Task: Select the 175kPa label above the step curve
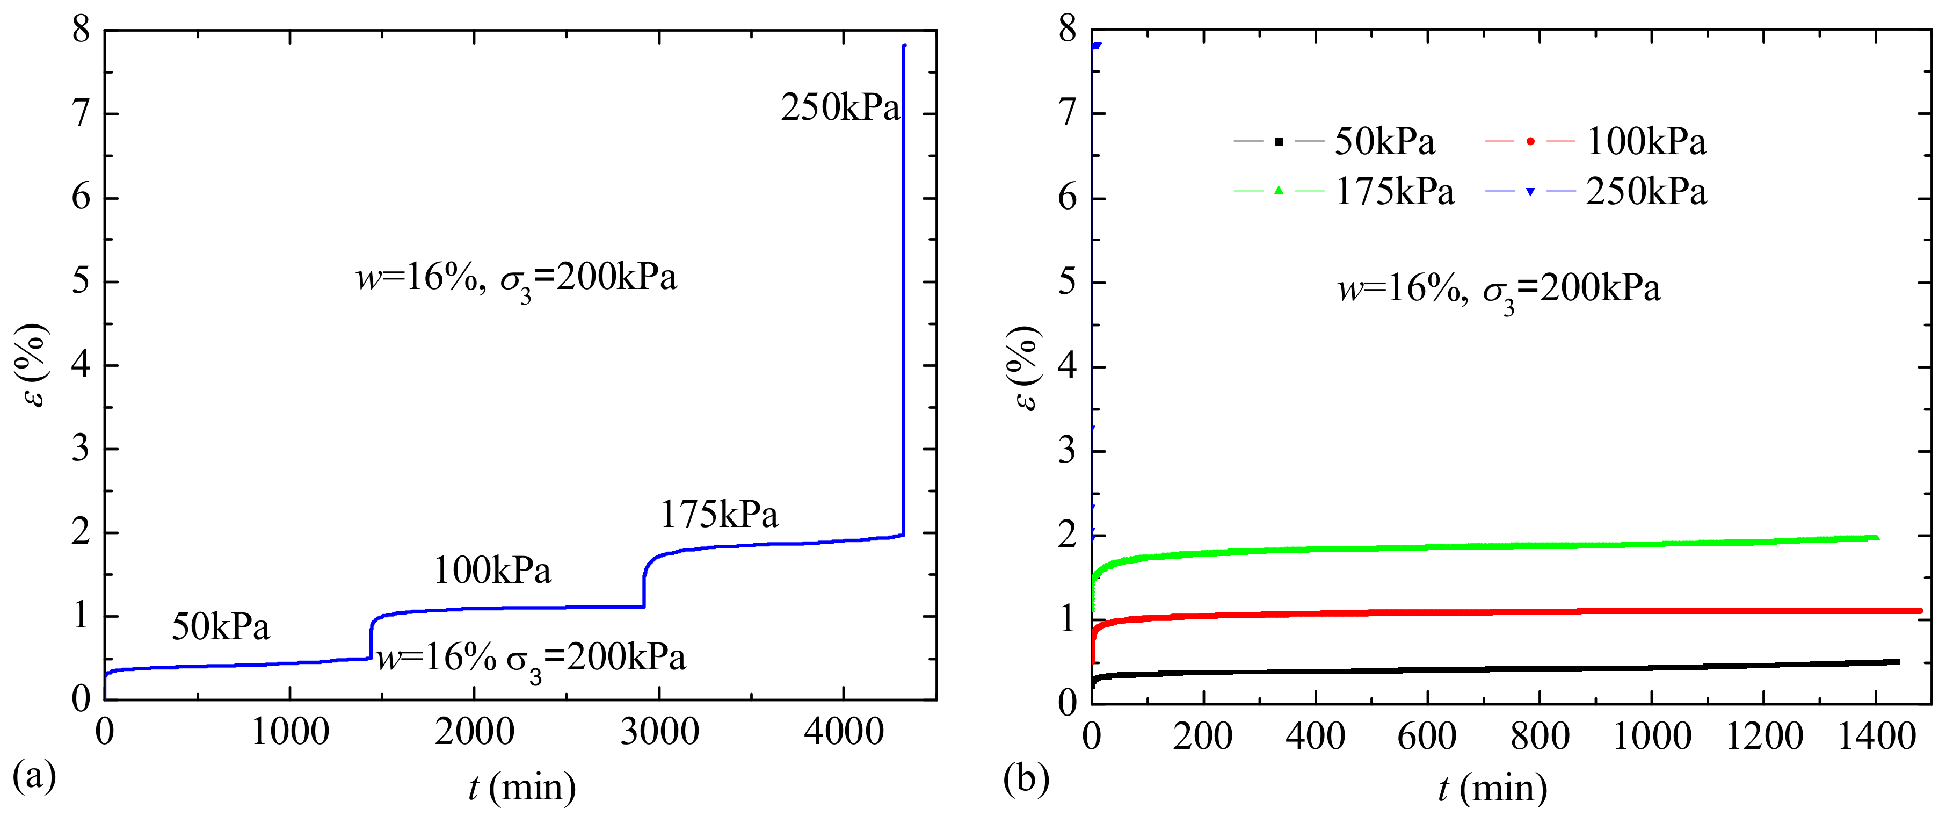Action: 719,515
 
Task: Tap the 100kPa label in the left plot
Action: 492,570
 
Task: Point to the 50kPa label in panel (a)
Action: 221,626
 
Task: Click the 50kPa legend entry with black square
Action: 1334,141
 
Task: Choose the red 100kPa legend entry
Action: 1595,141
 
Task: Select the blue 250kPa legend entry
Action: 1595,191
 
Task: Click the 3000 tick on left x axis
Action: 659,732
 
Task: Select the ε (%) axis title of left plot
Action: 32,365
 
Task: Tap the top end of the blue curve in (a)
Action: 904,46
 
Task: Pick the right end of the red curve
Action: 1920,611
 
